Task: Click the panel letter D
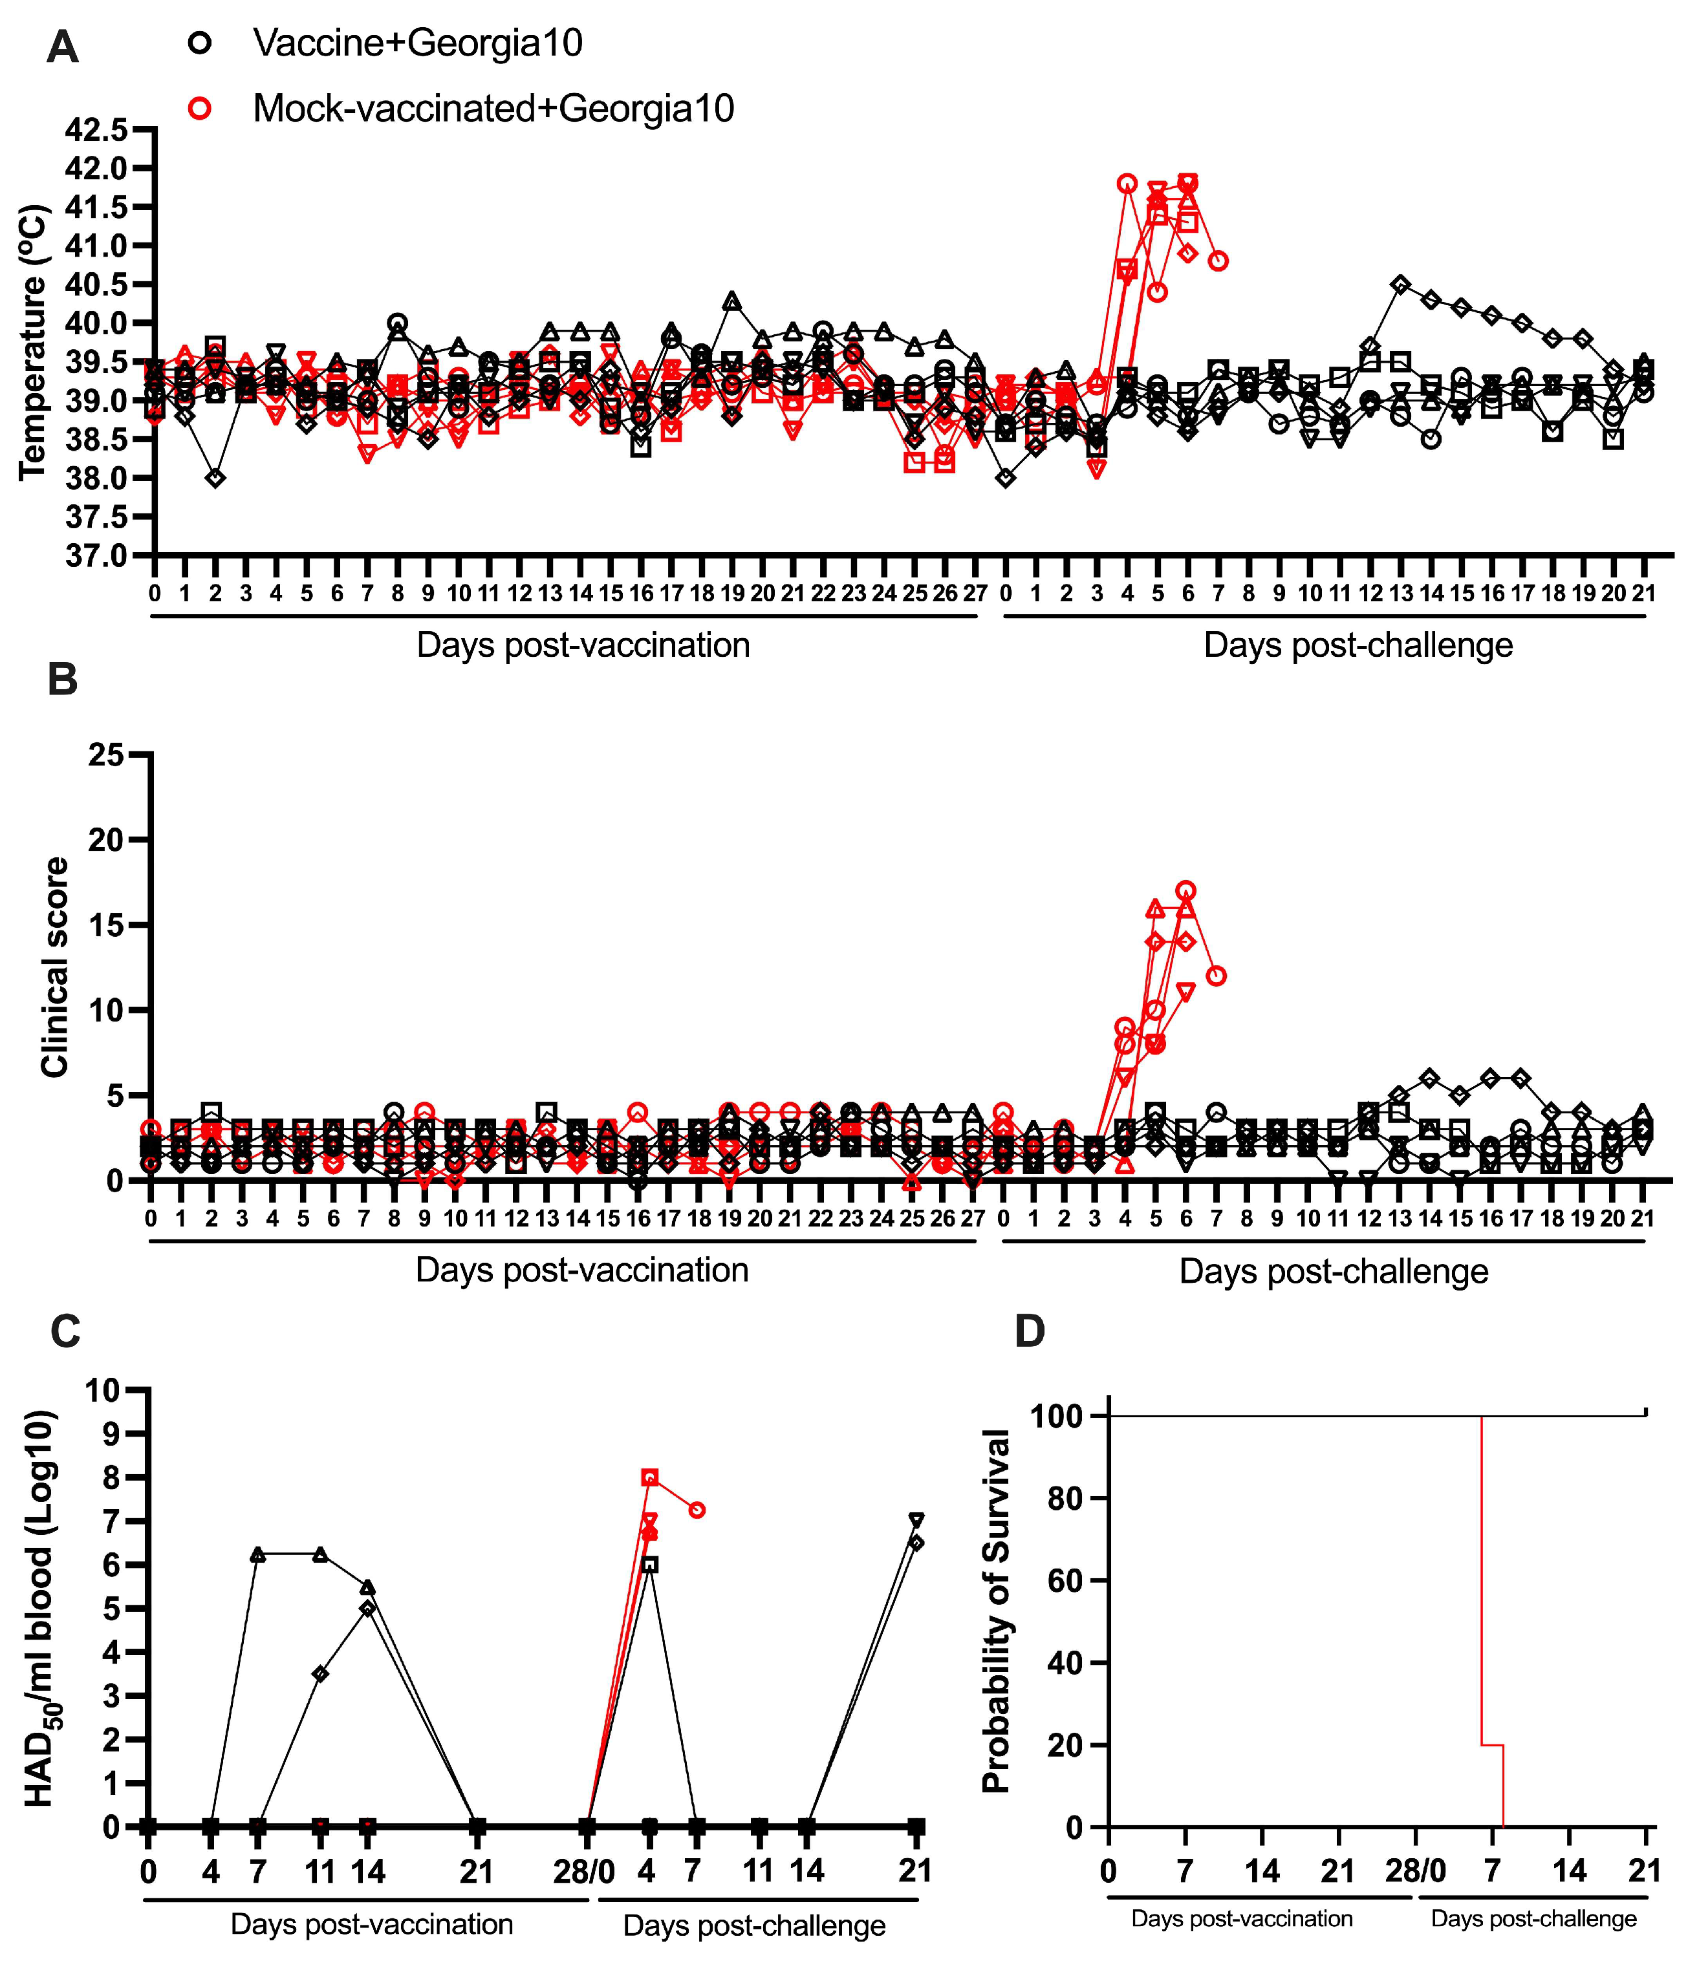coord(1030,1332)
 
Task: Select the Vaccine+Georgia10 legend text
coord(418,43)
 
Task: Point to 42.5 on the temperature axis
coord(96,130)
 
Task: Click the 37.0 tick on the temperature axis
coord(96,555)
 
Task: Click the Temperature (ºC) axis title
coord(32,343)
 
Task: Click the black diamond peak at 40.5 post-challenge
coord(1401,284)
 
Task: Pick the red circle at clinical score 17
coord(1186,890)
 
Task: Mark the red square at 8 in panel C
coord(649,1478)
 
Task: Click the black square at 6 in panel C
coord(649,1565)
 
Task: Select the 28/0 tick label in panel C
coord(584,1872)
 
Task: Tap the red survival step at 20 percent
coord(1492,1745)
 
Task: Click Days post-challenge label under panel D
coord(1533,1918)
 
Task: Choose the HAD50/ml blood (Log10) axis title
coord(39,1609)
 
